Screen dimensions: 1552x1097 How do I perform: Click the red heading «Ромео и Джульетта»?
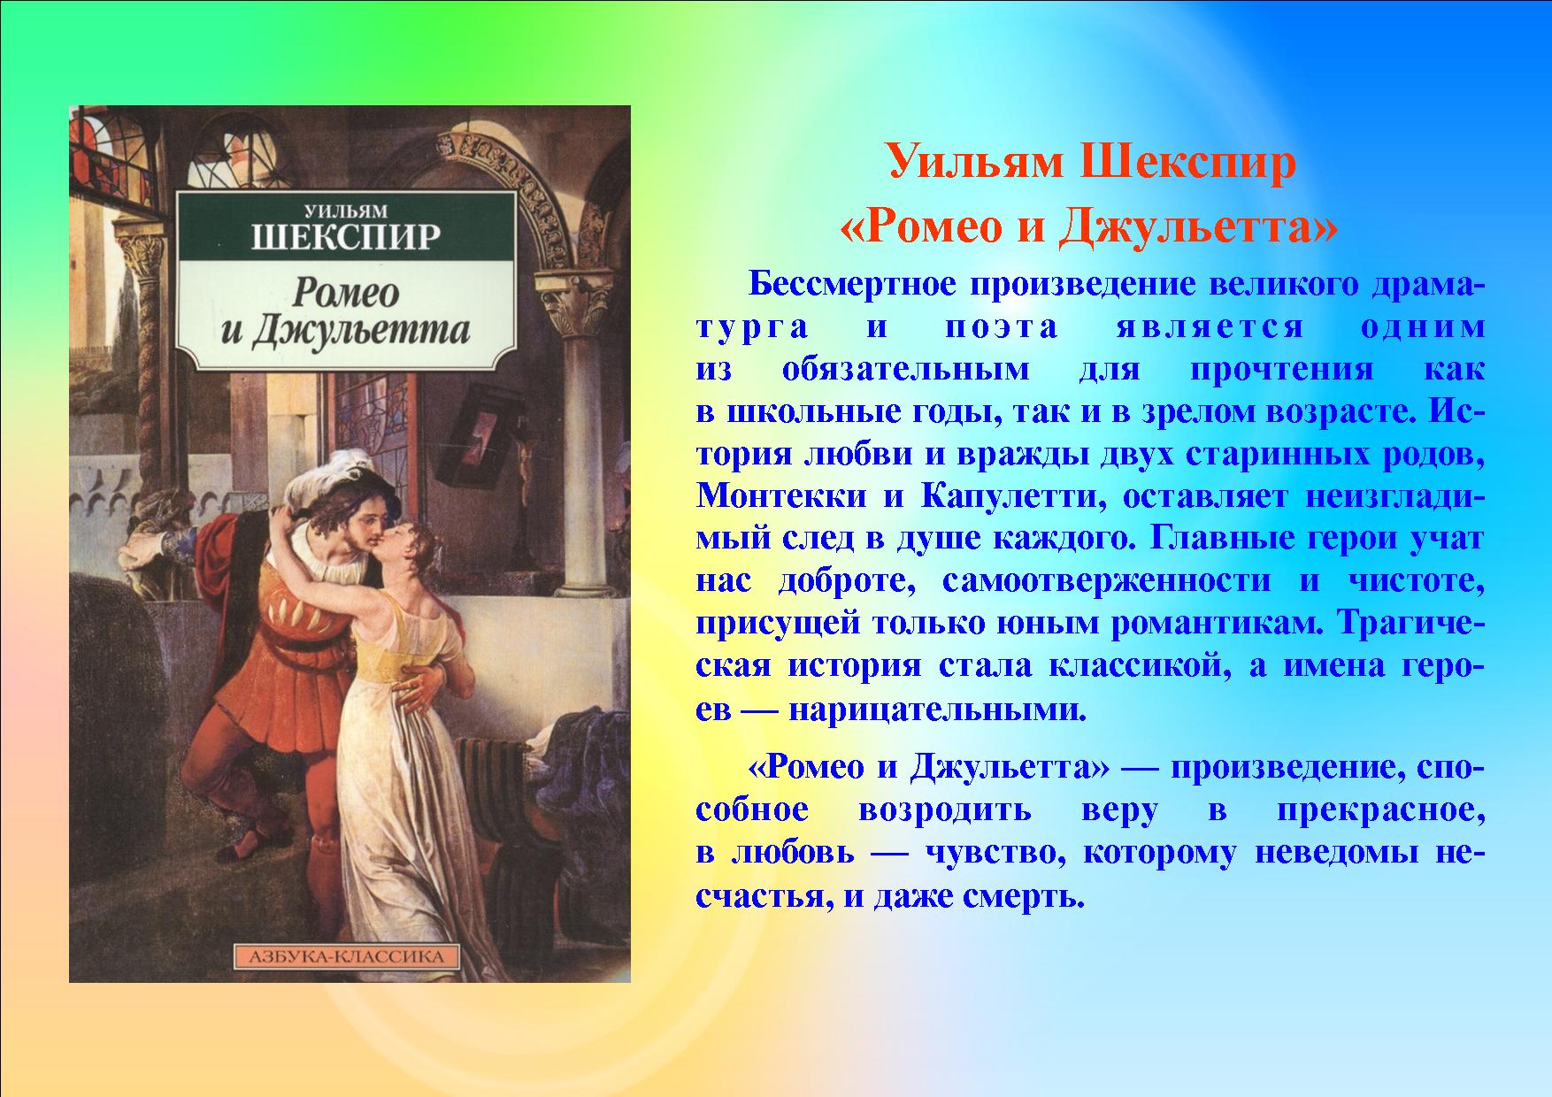pos(1088,227)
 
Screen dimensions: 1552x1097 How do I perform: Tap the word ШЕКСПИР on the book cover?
pos(346,238)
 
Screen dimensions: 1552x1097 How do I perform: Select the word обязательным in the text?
pos(905,370)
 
